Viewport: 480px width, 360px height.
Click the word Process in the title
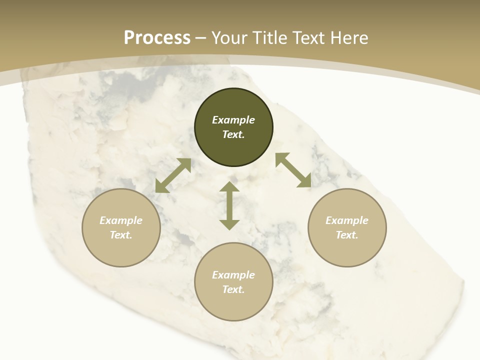pos(157,38)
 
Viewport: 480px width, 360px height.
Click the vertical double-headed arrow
pos(229,205)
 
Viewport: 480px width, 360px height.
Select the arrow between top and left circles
pos(173,175)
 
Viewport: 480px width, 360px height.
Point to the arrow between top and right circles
pos(293,170)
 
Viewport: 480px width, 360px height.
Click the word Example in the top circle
pos(233,120)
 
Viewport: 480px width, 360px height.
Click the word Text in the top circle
pos(233,134)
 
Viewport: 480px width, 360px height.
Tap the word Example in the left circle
pos(121,220)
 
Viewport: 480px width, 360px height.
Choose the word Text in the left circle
pos(121,235)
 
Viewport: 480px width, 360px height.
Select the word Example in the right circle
pos(347,220)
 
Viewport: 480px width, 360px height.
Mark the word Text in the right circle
pos(347,235)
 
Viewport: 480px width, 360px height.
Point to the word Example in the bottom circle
pos(233,275)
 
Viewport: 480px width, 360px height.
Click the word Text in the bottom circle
pos(233,289)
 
